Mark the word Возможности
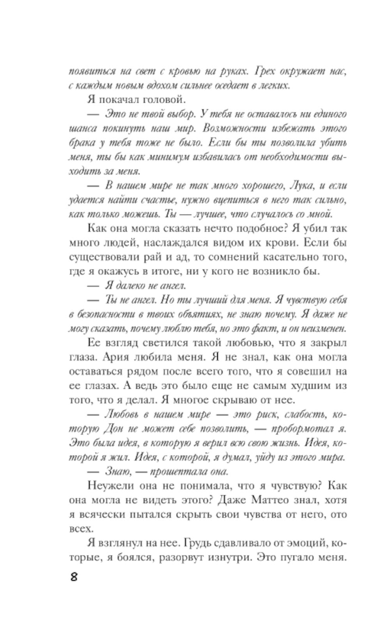(x=238, y=129)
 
